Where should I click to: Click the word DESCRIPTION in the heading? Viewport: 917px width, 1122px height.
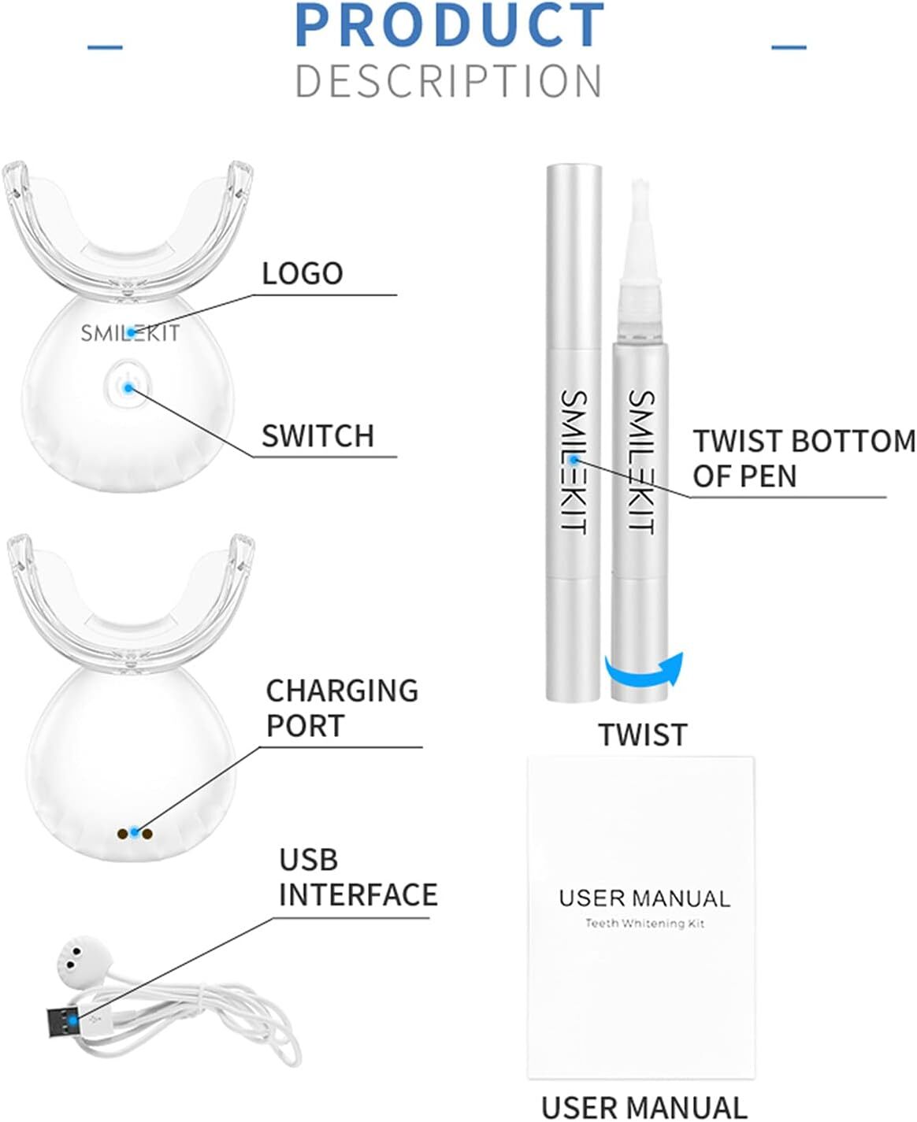(x=449, y=81)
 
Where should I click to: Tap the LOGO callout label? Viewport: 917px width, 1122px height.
(x=303, y=273)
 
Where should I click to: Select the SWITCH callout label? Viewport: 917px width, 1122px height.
(x=317, y=435)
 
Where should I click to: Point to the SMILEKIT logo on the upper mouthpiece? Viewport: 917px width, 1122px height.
(x=130, y=332)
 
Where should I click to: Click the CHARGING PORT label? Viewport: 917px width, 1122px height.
(x=342, y=707)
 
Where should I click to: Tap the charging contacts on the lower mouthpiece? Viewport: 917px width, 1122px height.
(x=135, y=832)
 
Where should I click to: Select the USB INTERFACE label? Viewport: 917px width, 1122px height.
(x=358, y=877)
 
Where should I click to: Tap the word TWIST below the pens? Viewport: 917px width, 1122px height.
(x=643, y=735)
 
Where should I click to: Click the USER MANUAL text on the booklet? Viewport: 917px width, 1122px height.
(x=644, y=898)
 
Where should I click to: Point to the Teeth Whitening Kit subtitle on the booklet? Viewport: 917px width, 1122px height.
(x=644, y=923)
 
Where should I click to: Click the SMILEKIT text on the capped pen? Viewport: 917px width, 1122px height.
(x=574, y=461)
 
